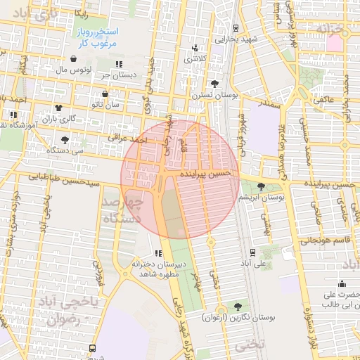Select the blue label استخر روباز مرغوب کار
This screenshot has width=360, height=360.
[x=98, y=38]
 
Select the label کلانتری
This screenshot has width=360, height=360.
[x=195, y=59]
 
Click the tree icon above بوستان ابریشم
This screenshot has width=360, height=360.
[x=262, y=186]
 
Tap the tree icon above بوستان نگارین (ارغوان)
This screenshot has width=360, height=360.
[x=237, y=306]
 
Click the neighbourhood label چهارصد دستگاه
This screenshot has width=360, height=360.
[x=122, y=210]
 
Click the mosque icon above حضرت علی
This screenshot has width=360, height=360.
[x=342, y=284]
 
